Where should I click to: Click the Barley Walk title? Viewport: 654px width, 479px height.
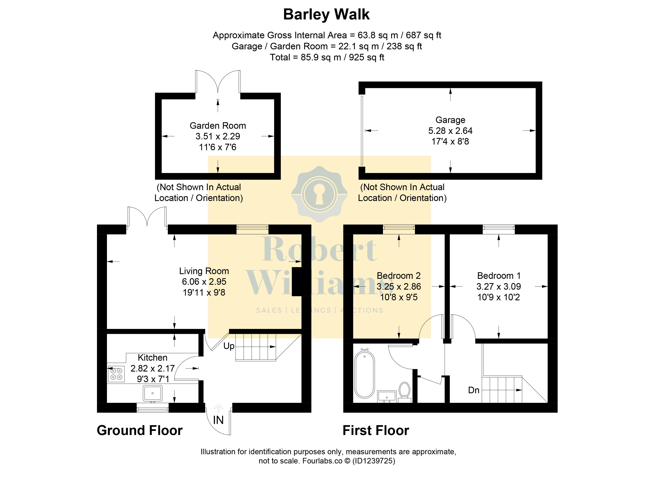[x=326, y=15]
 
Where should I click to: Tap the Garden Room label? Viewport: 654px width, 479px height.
[x=218, y=125]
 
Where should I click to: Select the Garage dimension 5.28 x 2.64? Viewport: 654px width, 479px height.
[x=450, y=131]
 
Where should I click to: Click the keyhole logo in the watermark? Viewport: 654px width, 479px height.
[x=319, y=194]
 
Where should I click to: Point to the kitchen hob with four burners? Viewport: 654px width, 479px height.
[x=116, y=374]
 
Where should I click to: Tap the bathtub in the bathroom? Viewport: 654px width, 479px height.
[x=365, y=374]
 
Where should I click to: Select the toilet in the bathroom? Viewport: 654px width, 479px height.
[x=404, y=392]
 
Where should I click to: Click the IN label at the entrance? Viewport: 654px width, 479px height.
[x=218, y=420]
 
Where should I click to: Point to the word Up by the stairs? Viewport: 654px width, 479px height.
[x=229, y=346]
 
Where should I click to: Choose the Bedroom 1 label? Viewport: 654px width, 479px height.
[x=499, y=276]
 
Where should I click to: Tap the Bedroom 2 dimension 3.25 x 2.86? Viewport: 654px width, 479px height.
[x=399, y=286]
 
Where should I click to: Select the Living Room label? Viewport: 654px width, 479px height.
[x=204, y=271]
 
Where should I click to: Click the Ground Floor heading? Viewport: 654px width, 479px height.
[x=140, y=430]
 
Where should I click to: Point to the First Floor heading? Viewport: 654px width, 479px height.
[x=376, y=430]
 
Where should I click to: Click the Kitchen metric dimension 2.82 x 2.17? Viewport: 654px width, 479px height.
[x=153, y=368]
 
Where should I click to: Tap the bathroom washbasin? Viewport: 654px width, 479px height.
[x=387, y=397]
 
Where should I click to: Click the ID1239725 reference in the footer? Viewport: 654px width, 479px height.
[x=374, y=461]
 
